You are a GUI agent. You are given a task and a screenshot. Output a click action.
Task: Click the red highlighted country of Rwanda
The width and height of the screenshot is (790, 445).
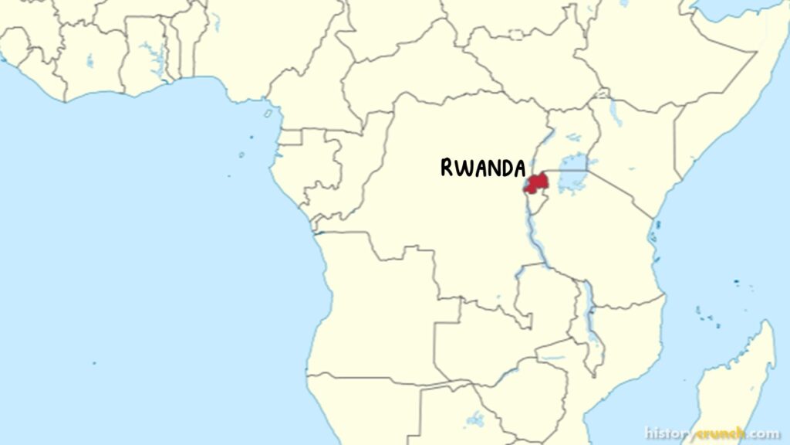[x=536, y=183]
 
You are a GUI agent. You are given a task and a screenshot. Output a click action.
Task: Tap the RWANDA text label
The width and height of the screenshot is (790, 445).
[x=483, y=168]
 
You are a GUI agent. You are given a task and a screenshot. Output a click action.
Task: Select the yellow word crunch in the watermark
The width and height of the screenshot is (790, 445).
[x=720, y=433]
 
